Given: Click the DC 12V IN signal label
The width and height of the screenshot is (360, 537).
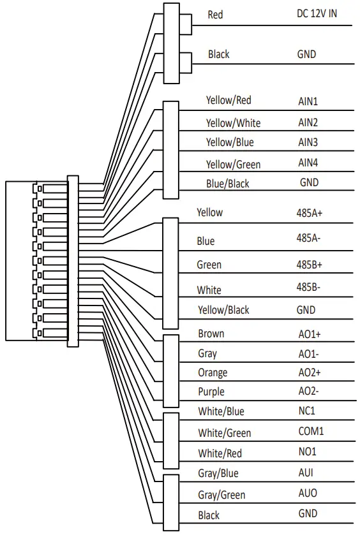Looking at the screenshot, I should pyautogui.click(x=317, y=13).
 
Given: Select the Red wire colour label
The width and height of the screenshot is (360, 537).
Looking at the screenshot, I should pyautogui.click(x=216, y=14).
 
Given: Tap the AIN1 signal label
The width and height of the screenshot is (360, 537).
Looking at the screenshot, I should pyautogui.click(x=308, y=101).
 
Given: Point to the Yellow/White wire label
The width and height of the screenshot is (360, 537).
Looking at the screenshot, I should pyautogui.click(x=233, y=122).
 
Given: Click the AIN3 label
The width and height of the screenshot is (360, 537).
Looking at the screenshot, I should pyautogui.click(x=308, y=142).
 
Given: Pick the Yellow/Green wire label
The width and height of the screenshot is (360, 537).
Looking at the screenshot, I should pyautogui.click(x=233, y=165).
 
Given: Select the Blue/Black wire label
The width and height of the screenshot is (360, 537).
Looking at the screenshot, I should pyautogui.click(x=227, y=184).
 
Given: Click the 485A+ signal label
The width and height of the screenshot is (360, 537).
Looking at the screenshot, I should pyautogui.click(x=310, y=212).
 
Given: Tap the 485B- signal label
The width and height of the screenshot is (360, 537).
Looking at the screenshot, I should pyautogui.click(x=309, y=287).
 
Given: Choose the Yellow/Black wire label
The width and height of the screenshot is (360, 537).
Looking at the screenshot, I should pyautogui.click(x=223, y=310).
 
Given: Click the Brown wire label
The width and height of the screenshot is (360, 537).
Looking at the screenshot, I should pyautogui.click(x=211, y=334).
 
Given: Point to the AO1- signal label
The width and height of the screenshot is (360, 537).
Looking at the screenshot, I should pyautogui.click(x=309, y=353).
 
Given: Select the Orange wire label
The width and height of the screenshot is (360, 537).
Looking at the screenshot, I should pyautogui.click(x=213, y=372).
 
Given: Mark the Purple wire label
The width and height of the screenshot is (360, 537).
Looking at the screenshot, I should pyautogui.click(x=211, y=392).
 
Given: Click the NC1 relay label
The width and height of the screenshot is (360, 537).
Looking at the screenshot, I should pyautogui.click(x=307, y=411).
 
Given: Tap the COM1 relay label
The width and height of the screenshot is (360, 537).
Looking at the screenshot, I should pyautogui.click(x=311, y=431).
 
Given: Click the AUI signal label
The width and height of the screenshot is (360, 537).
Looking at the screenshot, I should pyautogui.click(x=306, y=473).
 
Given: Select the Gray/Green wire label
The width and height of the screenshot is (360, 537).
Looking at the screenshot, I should pyautogui.click(x=221, y=495).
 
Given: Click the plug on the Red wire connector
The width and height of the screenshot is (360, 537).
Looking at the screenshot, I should pyautogui.click(x=186, y=24).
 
